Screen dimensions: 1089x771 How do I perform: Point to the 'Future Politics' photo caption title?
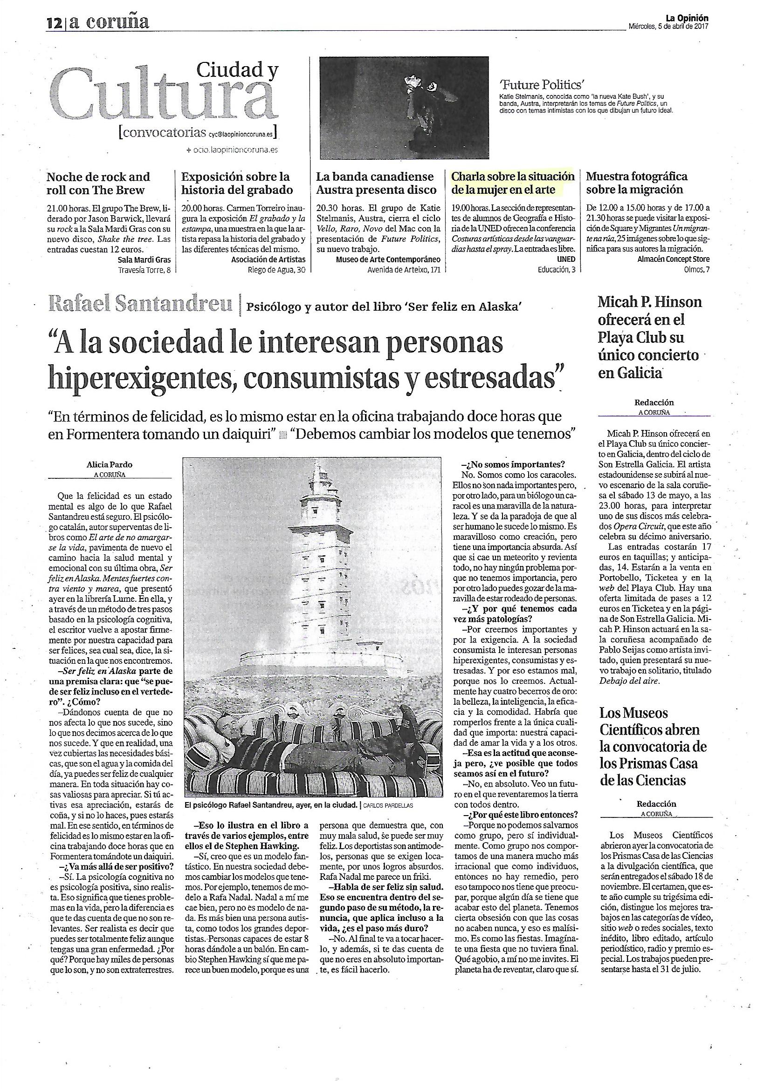tap(540, 85)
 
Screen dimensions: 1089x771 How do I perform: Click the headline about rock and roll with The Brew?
tap(98, 184)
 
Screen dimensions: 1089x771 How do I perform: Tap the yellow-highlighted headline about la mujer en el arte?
tap(513, 184)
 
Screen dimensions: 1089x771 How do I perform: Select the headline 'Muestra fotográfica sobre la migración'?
tap(636, 183)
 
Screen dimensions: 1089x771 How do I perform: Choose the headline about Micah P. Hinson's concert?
tap(649, 337)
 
